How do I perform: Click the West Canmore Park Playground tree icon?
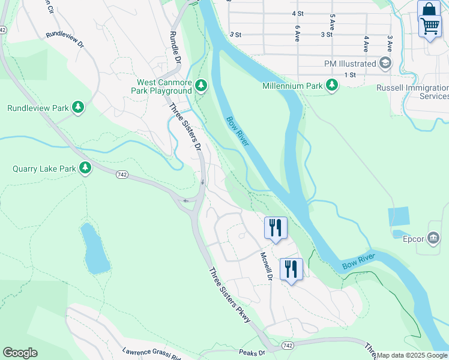201,87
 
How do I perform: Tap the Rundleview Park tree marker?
77,108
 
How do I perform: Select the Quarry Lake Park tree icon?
85,169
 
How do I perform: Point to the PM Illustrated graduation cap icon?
385,63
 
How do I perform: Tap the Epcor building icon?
433,239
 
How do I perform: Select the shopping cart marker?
430,27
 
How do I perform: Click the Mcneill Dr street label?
267,266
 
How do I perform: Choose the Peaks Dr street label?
252,353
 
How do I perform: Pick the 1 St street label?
351,74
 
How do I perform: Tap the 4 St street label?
297,13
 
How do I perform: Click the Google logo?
20,353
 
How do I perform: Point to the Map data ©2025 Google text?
412,355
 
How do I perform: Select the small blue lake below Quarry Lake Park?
95,248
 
